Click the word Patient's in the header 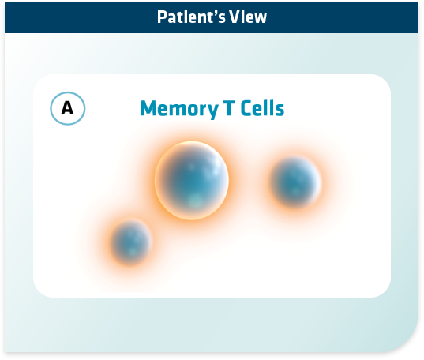tap(191, 17)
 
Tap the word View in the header tap(248, 17)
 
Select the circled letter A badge tap(68, 108)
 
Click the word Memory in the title tap(179, 109)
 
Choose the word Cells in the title tap(262, 108)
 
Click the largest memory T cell tap(192, 181)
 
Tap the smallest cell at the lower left tap(131, 242)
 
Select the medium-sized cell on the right tap(295, 182)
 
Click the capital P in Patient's tap(162, 17)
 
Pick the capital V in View tap(235, 17)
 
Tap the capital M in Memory tap(148, 108)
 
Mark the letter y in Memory tap(212, 111)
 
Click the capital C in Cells tap(246, 108)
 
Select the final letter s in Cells tap(280, 111)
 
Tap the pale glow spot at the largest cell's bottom tap(193, 201)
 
